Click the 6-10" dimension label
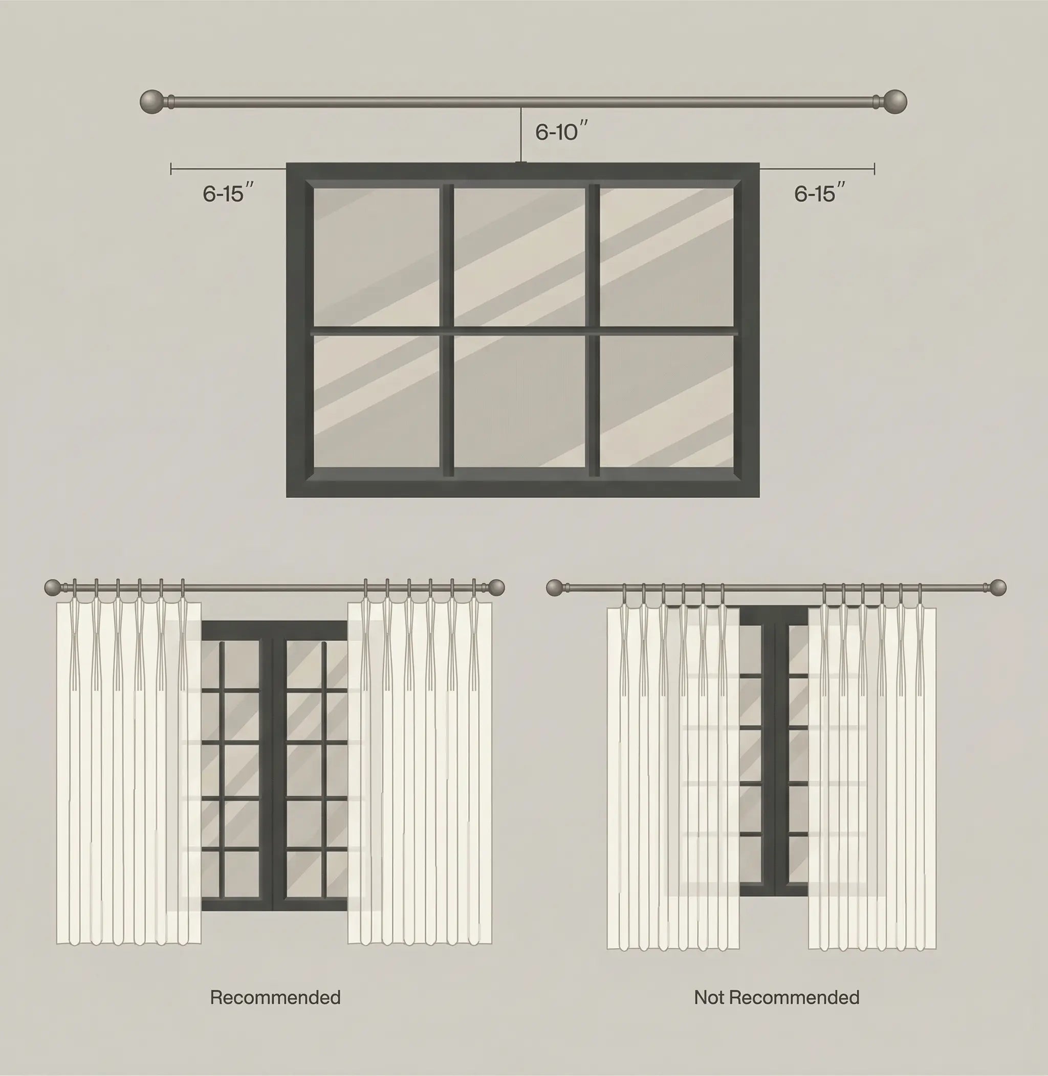tap(561, 131)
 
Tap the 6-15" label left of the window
tap(228, 193)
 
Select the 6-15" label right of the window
tap(820, 193)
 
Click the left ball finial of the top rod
tap(152, 102)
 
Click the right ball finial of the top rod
tap(894, 101)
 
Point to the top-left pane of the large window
tap(377, 257)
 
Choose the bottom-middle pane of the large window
tap(519, 401)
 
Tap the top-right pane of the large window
tap(667, 257)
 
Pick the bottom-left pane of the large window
tap(377, 401)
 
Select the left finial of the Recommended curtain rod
tap(53, 588)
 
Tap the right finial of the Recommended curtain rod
tap(496, 588)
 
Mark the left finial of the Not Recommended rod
tap(555, 588)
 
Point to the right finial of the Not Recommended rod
tap(997, 588)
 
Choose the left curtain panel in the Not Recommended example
tap(672, 778)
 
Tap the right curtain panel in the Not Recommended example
tap(872, 778)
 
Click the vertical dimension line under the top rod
tap(521, 135)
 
